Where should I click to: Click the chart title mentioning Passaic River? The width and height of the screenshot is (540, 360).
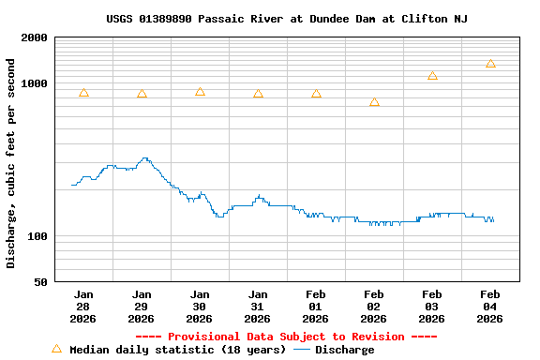[x=286, y=19]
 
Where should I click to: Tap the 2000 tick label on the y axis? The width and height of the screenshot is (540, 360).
[x=36, y=38]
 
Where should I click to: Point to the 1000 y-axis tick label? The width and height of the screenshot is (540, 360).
[x=36, y=84]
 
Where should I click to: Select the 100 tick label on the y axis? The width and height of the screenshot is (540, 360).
[x=38, y=236]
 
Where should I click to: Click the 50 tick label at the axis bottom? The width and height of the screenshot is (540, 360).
[x=41, y=282]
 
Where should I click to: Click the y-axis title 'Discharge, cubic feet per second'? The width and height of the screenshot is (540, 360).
[x=11, y=163]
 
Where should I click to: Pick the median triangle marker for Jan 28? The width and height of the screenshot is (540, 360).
[x=83, y=93]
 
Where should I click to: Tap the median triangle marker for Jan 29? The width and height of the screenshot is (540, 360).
[x=142, y=94]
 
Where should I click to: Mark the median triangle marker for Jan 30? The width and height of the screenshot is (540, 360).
[x=200, y=92]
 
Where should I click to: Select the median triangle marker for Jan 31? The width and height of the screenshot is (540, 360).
[x=258, y=94]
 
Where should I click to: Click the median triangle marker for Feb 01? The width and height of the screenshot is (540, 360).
[x=316, y=94]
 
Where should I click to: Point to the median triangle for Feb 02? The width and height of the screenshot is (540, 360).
[x=374, y=102]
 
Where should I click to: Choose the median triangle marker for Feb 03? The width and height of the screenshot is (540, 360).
[x=432, y=76]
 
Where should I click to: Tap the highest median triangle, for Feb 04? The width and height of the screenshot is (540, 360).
[x=490, y=64]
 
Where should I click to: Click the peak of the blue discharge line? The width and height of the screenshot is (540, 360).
[x=144, y=158]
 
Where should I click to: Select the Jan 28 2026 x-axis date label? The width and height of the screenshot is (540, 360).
[x=83, y=306]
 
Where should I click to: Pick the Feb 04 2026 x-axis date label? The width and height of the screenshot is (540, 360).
[x=490, y=306]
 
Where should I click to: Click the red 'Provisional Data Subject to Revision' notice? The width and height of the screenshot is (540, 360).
[x=286, y=337]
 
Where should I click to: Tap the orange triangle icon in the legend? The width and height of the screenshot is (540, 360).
[x=56, y=349]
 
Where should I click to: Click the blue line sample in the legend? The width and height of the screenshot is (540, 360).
[x=302, y=350]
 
